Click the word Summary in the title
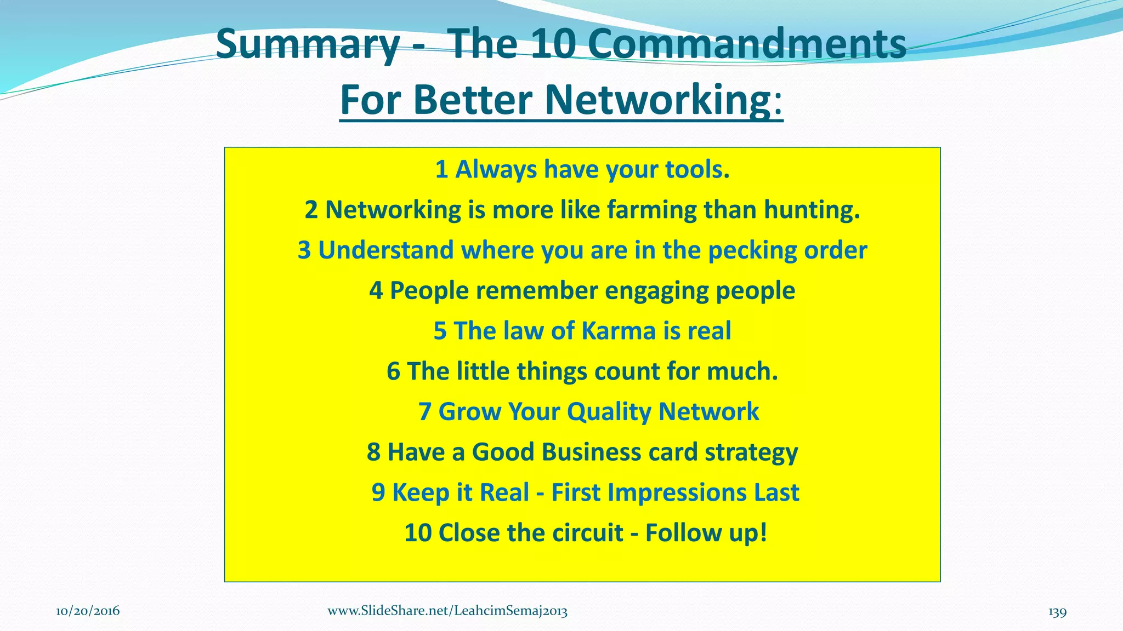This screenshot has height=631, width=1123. (307, 45)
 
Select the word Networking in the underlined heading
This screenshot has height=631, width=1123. (658, 100)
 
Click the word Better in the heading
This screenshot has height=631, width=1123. (472, 100)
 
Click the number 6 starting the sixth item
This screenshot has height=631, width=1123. (393, 371)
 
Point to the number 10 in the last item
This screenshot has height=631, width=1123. (418, 533)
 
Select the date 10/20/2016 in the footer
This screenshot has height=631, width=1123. (88, 611)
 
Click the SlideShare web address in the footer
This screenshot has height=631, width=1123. (447, 611)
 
